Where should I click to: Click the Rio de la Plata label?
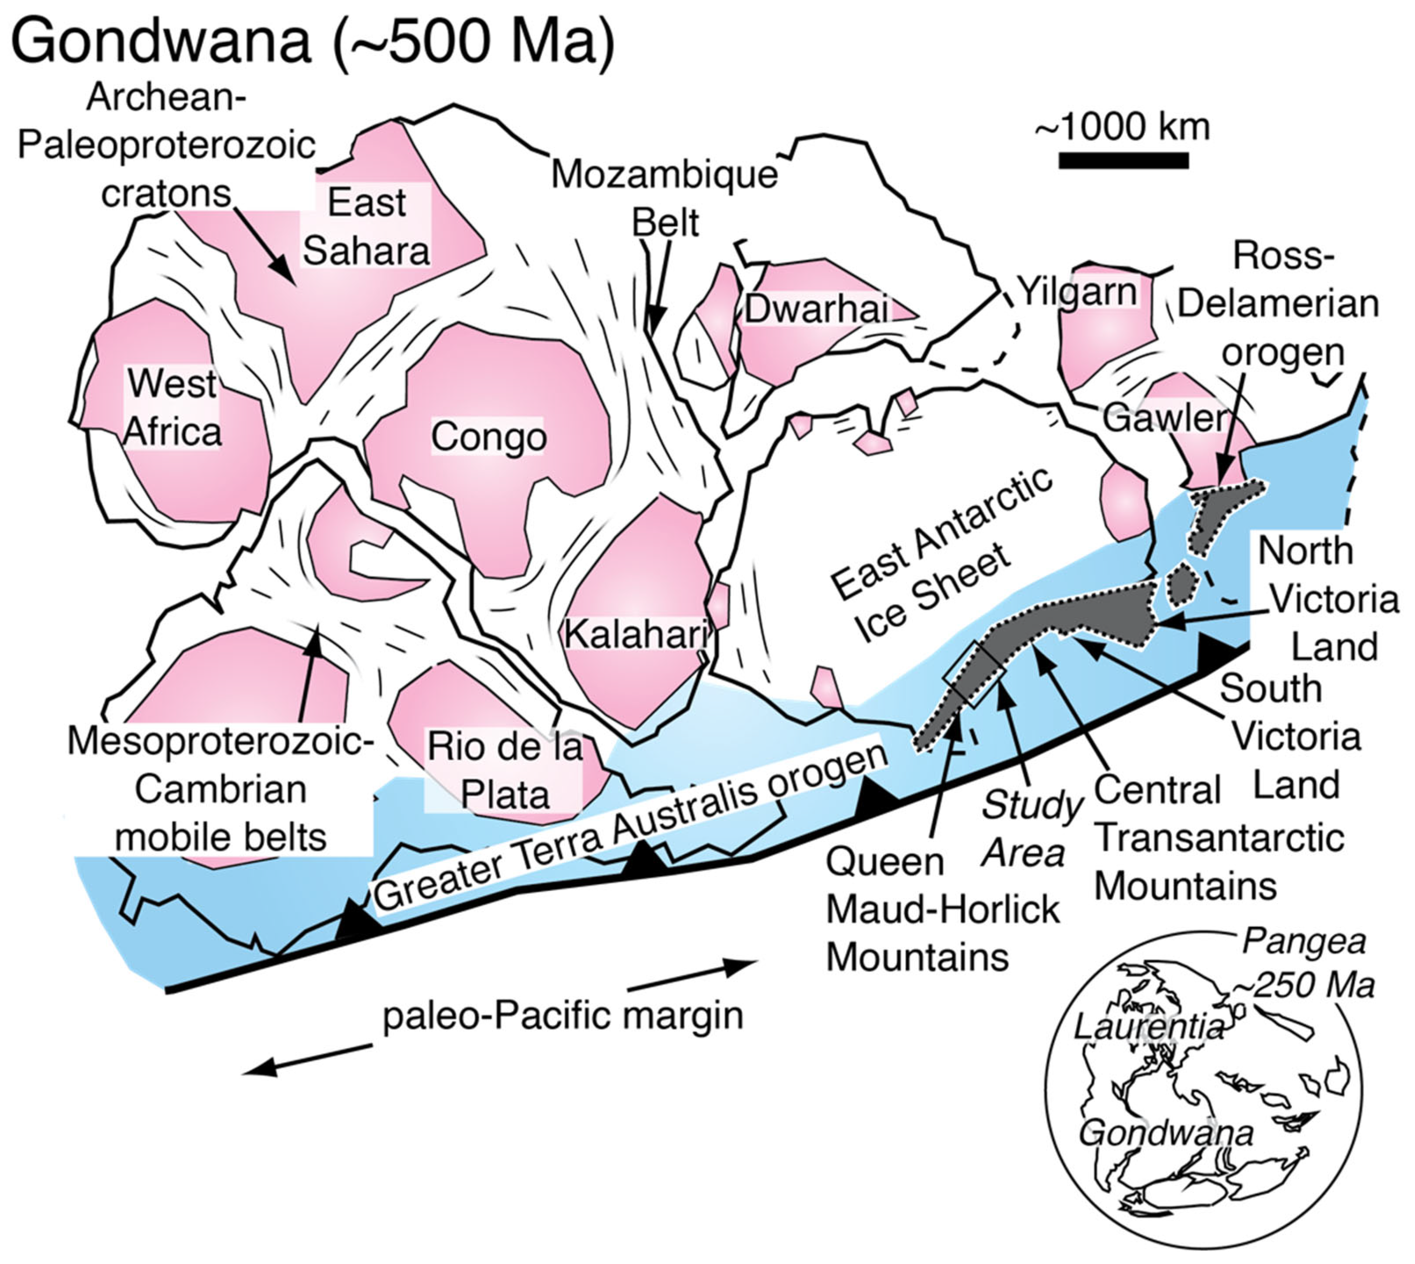505,771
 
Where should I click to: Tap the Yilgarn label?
1077,292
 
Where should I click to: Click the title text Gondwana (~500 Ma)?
312,41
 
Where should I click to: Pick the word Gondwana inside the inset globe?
1165,1133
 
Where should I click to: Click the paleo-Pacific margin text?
563,1016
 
